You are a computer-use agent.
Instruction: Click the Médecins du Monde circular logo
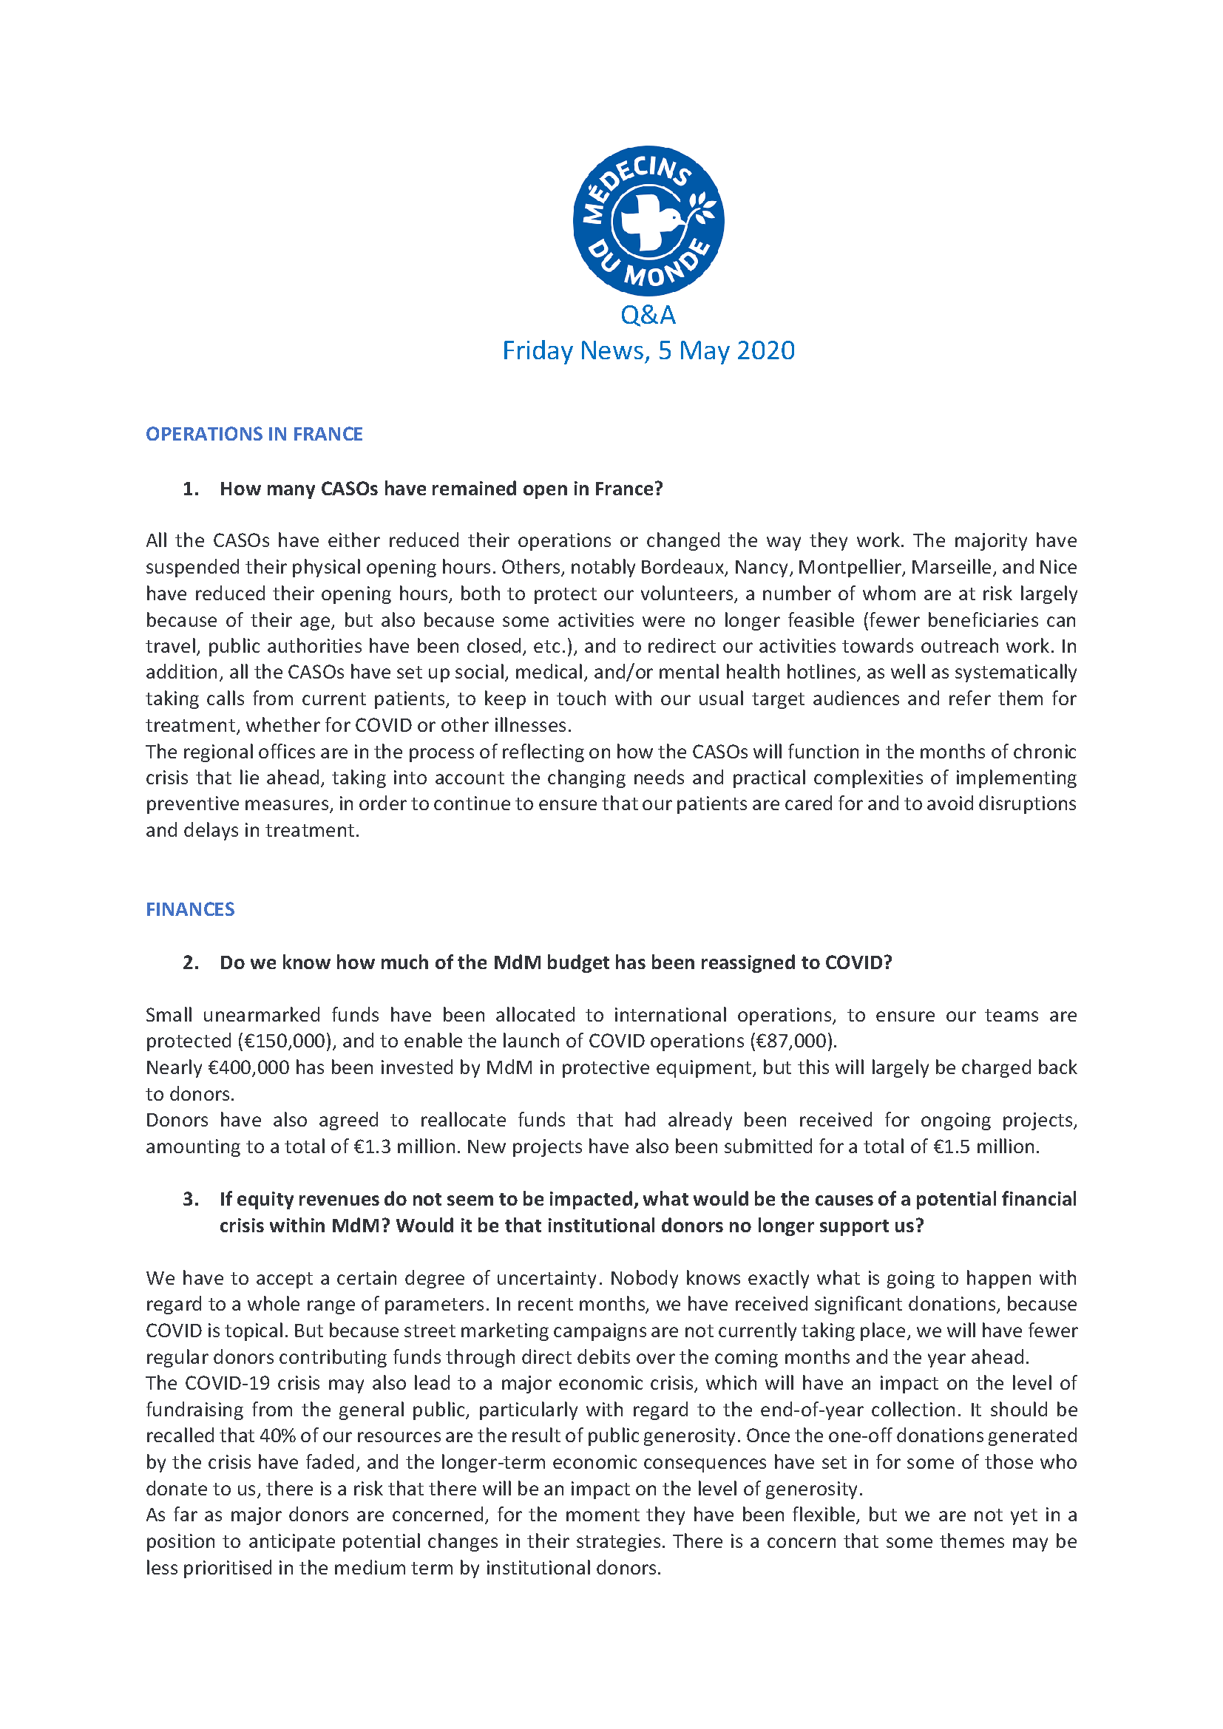(648, 220)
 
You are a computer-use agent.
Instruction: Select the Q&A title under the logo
(648, 315)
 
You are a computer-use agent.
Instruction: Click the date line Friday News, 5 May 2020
(648, 351)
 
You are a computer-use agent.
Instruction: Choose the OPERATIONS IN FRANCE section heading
(254, 435)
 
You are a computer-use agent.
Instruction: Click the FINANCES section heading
(190, 910)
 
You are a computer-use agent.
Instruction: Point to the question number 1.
(191, 489)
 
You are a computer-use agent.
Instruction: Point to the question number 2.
(191, 963)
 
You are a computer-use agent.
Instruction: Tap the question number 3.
(191, 1200)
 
